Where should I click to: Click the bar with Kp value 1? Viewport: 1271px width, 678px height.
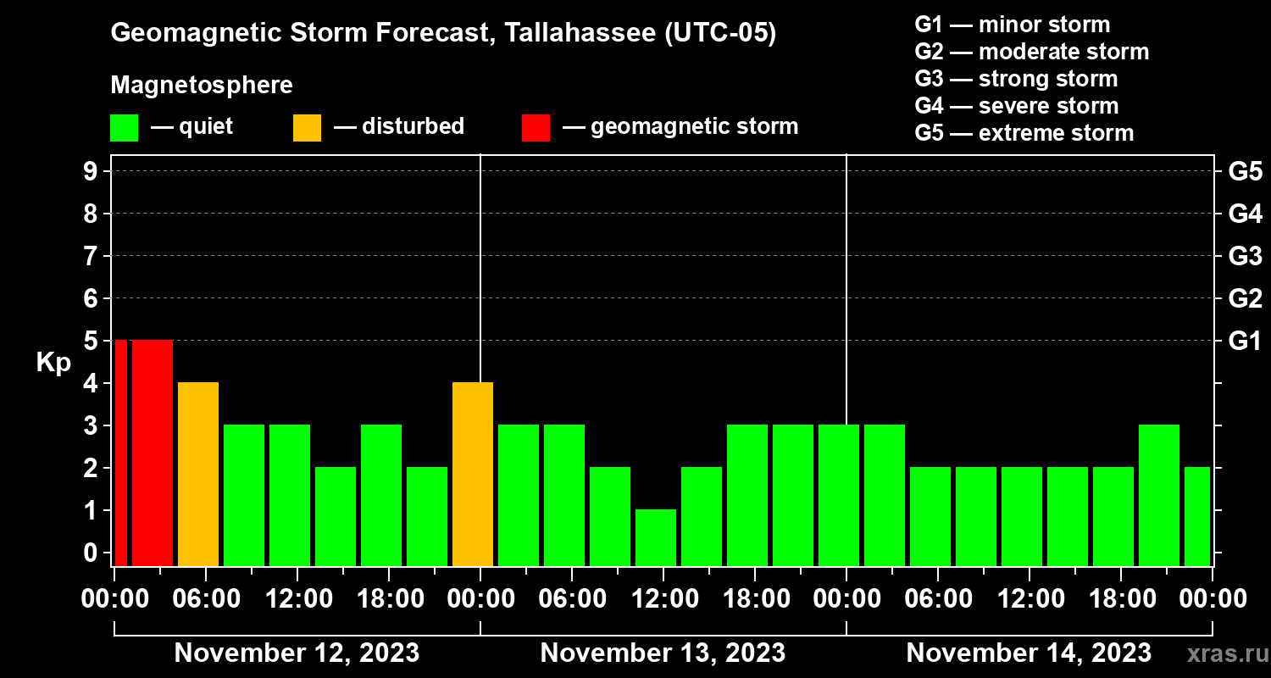(x=656, y=537)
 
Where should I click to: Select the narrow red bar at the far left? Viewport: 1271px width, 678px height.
(x=120, y=453)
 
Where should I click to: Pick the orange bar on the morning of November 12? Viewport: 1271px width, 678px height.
(x=198, y=474)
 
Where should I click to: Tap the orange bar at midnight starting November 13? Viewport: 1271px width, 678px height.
(x=473, y=474)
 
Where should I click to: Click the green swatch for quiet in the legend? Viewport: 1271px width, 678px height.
(x=124, y=127)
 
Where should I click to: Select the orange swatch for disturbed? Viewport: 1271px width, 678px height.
(x=307, y=127)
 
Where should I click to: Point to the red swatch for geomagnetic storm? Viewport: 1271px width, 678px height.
(x=536, y=127)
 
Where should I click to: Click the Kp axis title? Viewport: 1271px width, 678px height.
(x=53, y=363)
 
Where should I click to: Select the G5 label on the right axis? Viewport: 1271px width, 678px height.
(x=1245, y=172)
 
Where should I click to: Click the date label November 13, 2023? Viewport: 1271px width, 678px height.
(x=663, y=653)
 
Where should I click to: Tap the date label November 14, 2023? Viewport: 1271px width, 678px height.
(x=1029, y=653)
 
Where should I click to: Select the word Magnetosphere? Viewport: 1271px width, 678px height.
(x=202, y=86)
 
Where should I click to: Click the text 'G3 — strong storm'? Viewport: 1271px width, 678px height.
(x=1016, y=79)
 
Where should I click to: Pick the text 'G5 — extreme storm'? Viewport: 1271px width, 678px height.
(x=1024, y=133)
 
